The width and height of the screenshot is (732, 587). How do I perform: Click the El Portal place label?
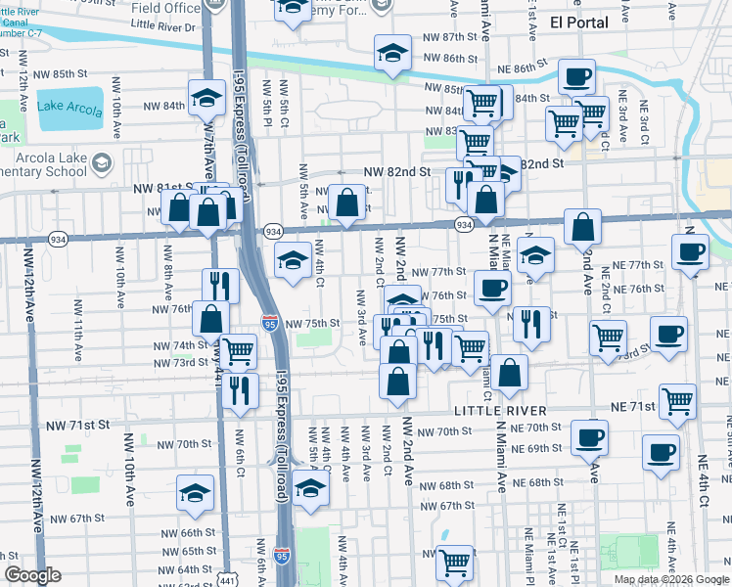click(x=578, y=22)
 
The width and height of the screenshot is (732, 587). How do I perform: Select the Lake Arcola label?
click(x=69, y=108)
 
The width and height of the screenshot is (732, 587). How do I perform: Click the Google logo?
click(x=32, y=575)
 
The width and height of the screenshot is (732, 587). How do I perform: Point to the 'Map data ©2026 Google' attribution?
click(x=672, y=579)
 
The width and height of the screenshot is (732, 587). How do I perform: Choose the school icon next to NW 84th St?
click(x=207, y=98)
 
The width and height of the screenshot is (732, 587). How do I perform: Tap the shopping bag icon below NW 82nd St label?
click(x=346, y=203)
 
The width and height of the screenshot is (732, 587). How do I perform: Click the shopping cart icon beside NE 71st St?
click(x=677, y=401)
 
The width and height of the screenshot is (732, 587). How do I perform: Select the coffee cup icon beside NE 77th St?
click(x=690, y=252)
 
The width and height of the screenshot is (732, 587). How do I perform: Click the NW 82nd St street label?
click(x=397, y=171)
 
